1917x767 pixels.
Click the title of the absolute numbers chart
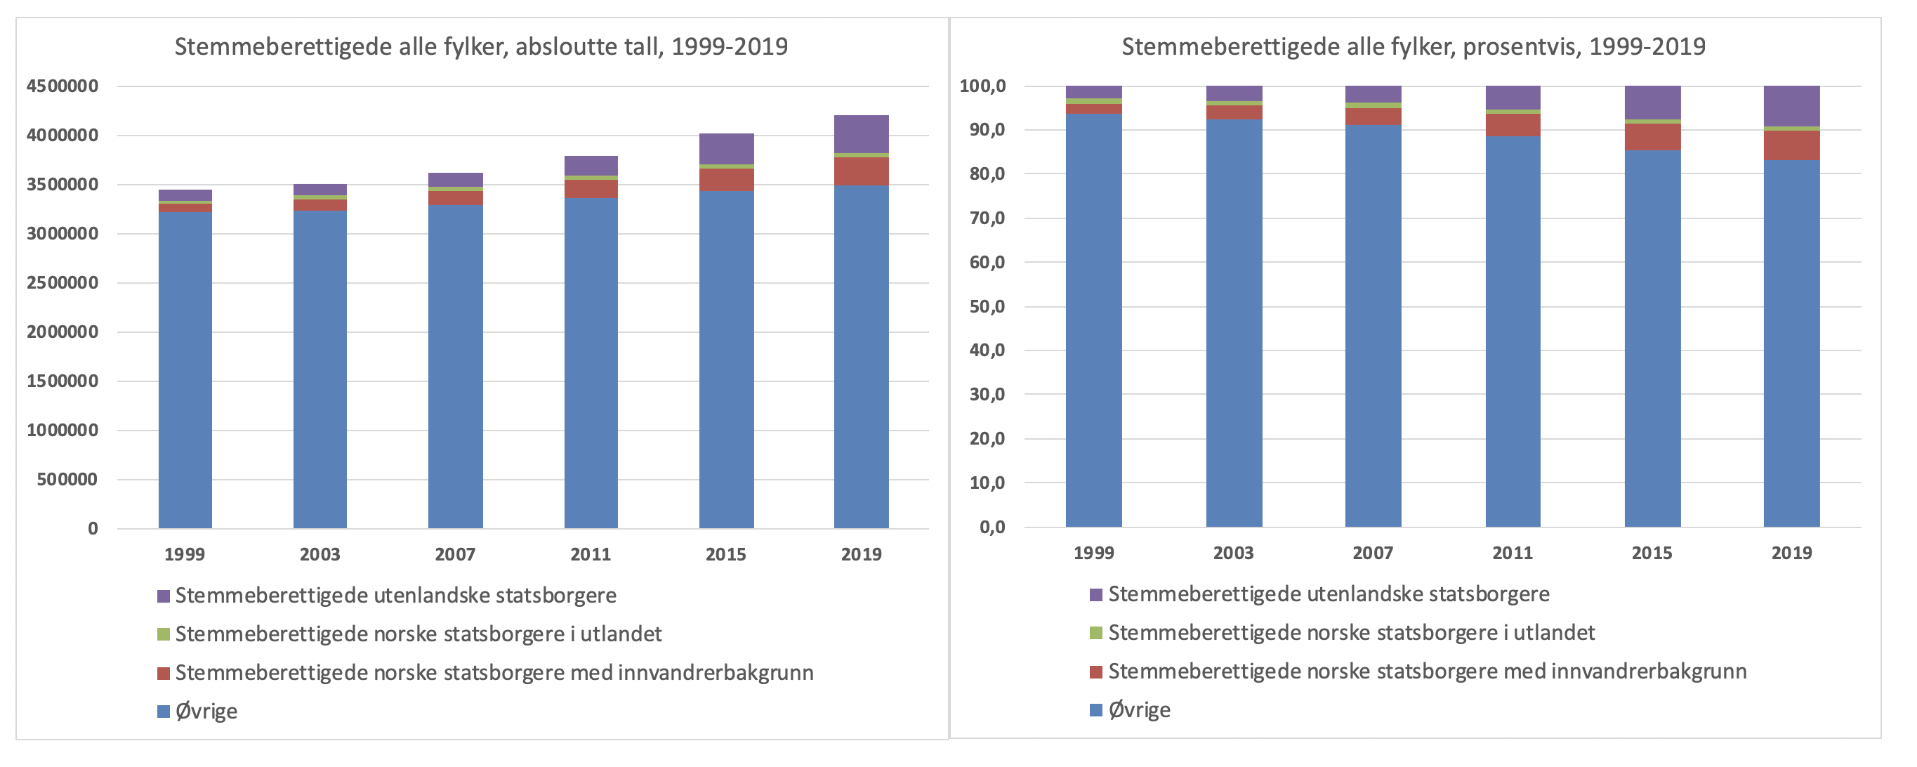click(x=481, y=47)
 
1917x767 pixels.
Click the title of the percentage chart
click(x=1414, y=47)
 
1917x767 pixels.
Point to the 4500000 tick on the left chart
click(x=62, y=86)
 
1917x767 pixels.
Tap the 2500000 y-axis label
click(x=62, y=283)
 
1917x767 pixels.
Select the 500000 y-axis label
click(x=67, y=480)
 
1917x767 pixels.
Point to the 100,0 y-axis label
click(x=982, y=86)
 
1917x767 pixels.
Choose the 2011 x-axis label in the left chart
click(x=590, y=554)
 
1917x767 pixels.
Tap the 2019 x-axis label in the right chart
click(x=1791, y=553)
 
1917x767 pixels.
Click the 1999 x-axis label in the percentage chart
click(x=1093, y=553)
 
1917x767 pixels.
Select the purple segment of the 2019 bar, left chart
click(x=861, y=134)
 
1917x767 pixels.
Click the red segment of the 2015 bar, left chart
click(x=726, y=180)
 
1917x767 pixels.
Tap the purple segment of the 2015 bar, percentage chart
click(x=1652, y=102)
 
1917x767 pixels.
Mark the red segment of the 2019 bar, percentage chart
click(x=1791, y=145)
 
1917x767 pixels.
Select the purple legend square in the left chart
click(x=164, y=596)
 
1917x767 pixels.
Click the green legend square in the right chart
click(x=1095, y=633)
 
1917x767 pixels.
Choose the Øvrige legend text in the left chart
click(x=206, y=711)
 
